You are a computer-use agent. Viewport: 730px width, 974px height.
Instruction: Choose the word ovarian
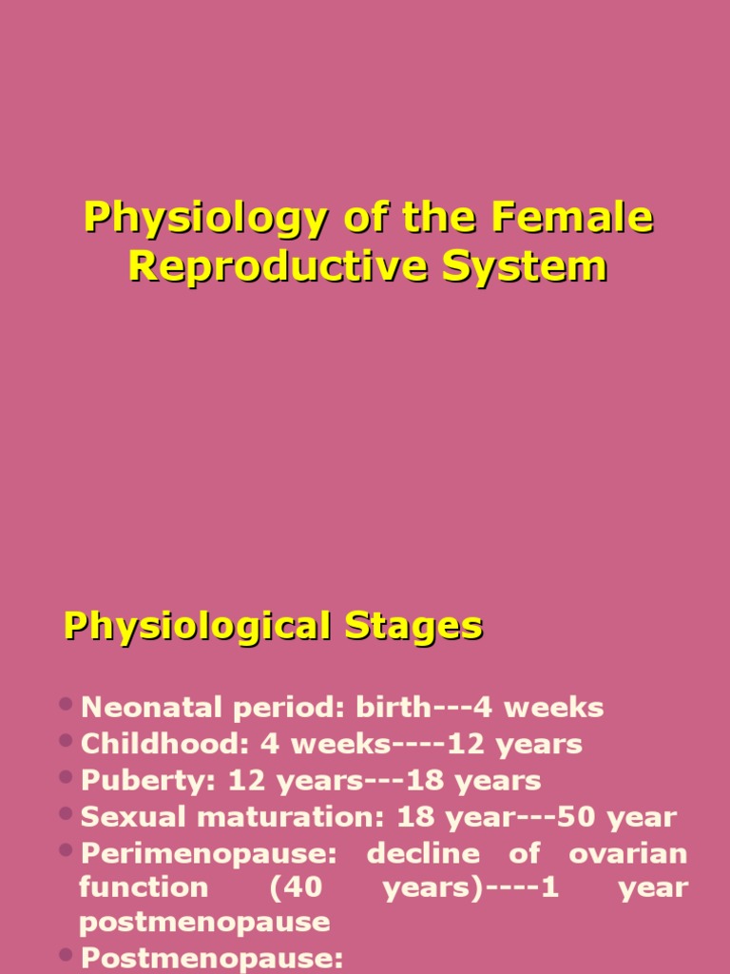click(627, 853)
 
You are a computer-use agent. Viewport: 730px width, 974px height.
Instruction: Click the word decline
click(423, 853)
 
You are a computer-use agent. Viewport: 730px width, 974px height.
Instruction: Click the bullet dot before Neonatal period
click(66, 705)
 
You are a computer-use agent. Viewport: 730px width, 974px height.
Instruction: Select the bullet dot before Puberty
click(66, 778)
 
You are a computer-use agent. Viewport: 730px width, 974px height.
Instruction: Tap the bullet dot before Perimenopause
click(66, 850)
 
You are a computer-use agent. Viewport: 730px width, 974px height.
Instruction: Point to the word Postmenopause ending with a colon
click(211, 958)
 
